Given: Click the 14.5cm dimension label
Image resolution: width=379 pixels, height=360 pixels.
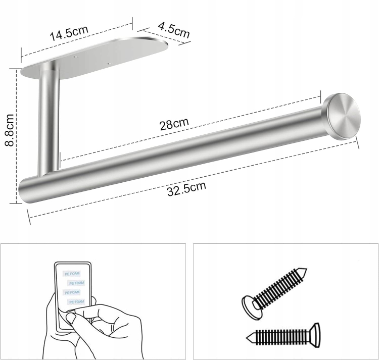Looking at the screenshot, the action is (69, 33).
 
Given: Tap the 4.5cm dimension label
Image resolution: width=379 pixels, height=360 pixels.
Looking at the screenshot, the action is (174, 30).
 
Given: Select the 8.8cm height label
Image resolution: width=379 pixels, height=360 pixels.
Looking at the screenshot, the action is (10, 130).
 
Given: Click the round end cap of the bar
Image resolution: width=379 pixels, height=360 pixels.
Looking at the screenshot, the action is (343, 116).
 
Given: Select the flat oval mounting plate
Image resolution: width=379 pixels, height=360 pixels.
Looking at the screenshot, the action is (95, 58).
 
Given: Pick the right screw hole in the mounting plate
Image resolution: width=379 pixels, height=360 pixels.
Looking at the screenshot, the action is (109, 64).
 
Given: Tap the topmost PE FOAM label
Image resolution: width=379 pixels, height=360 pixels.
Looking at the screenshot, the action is (72, 274).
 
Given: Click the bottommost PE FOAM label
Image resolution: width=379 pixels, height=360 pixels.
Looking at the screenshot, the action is (76, 302).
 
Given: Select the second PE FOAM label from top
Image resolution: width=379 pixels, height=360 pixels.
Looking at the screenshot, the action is (76, 283).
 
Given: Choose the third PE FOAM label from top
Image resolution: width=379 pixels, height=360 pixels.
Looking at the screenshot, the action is (72, 293).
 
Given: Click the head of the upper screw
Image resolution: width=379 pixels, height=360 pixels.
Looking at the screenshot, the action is (251, 307).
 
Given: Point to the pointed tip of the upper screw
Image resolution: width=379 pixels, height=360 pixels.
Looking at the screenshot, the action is (306, 269).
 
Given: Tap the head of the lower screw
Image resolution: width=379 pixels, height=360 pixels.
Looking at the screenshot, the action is (315, 335).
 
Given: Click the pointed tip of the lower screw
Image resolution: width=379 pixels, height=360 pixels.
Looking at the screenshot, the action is (247, 338).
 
